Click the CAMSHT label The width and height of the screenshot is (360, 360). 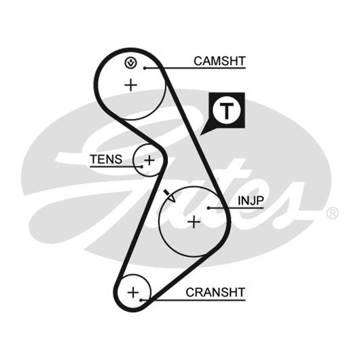pyautogui.click(x=219, y=61)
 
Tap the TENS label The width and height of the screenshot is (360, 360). pyautogui.click(x=106, y=160)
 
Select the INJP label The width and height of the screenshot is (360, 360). pyautogui.click(x=251, y=200)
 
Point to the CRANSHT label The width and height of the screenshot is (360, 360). pyautogui.click(x=215, y=292)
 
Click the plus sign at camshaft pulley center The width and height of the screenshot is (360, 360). pyautogui.click(x=130, y=85)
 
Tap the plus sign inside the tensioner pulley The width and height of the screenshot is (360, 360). pyautogui.click(x=149, y=160)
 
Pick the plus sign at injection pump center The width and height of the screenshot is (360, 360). pyautogui.click(x=194, y=222)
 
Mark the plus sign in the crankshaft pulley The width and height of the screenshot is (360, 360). pyautogui.click(x=133, y=293)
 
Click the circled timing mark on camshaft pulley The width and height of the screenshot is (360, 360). pyautogui.click(x=130, y=62)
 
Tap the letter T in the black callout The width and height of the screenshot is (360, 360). pyautogui.click(x=227, y=111)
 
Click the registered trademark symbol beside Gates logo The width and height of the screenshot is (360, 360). pyautogui.click(x=332, y=213)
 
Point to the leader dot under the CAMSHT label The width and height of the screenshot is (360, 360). pyautogui.click(x=145, y=68)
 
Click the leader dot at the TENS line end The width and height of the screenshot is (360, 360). pyautogui.click(x=142, y=166)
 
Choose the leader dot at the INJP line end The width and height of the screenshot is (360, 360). pyautogui.click(x=209, y=208)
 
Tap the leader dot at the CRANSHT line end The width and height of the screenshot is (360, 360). pyautogui.click(x=141, y=300)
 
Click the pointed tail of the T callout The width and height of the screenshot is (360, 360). pyautogui.click(x=200, y=134)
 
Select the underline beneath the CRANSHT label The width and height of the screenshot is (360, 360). pyautogui.click(x=193, y=300)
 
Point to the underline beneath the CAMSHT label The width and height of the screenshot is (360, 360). pyautogui.click(x=195, y=68)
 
